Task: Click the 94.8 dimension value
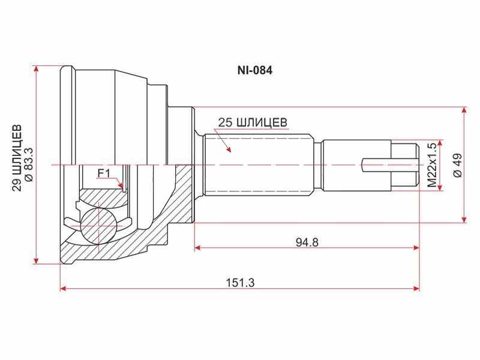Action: (307, 242)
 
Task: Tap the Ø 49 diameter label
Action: (457, 165)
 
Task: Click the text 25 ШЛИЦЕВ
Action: (253, 122)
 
